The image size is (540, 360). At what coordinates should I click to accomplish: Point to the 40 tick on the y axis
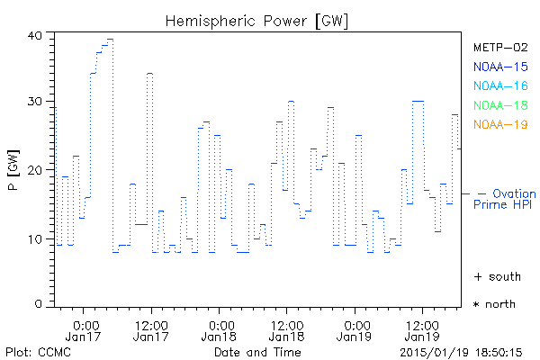(x=35, y=35)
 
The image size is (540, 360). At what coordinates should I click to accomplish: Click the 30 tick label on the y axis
(x=35, y=102)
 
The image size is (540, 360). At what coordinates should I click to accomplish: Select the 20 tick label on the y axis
(x=35, y=170)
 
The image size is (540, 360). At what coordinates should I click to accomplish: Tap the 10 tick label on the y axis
(x=35, y=238)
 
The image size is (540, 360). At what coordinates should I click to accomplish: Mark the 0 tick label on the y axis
(x=39, y=305)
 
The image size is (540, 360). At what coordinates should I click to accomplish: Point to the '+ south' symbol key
(x=495, y=275)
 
